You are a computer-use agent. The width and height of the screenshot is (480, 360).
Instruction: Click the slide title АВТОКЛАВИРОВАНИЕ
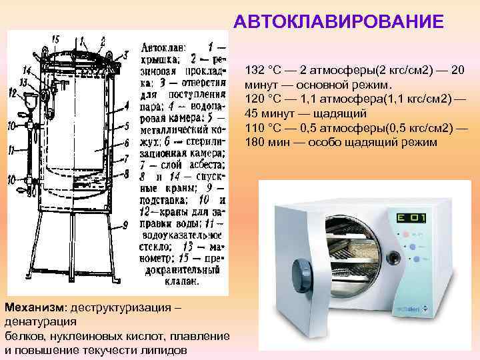point(338,22)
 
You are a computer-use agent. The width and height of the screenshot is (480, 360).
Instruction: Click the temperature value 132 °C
point(263,69)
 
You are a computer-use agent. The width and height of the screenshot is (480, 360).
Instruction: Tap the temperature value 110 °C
point(263,127)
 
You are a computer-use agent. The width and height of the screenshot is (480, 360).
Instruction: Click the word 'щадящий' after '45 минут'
point(324,113)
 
